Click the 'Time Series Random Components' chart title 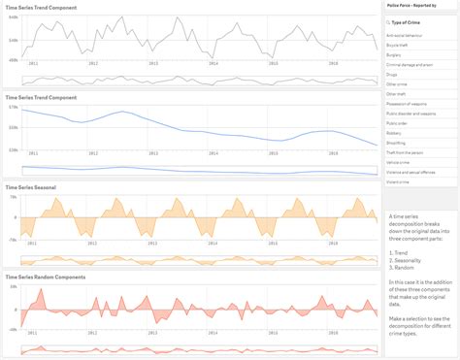(45, 277)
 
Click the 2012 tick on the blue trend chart (91, 153)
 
